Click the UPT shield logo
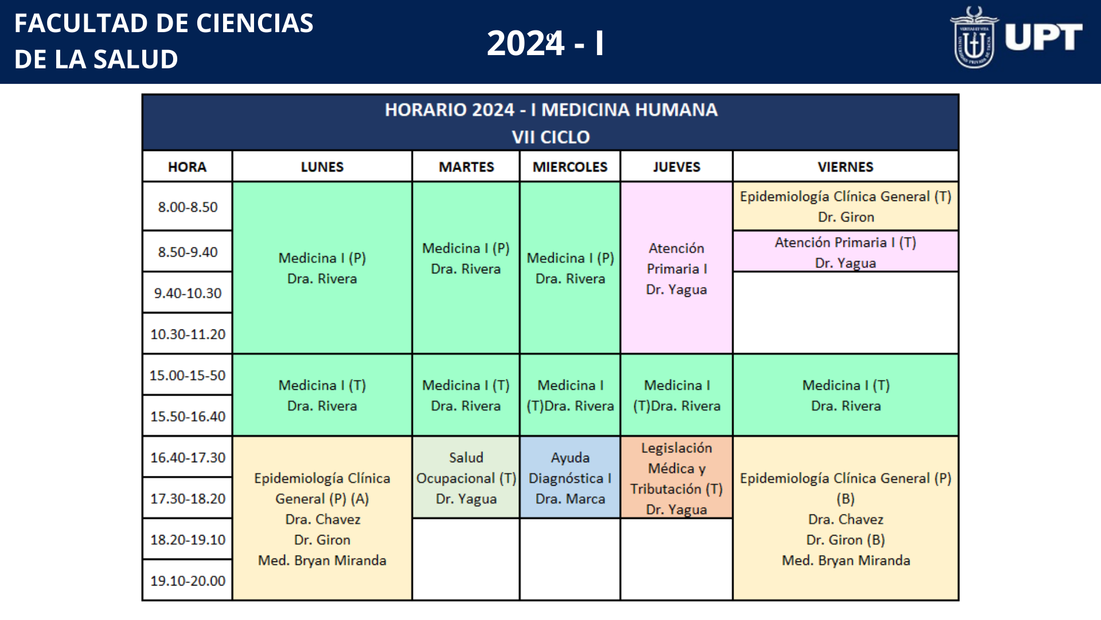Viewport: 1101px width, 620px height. pyautogui.click(x=974, y=37)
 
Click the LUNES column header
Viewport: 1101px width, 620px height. pyautogui.click(x=322, y=166)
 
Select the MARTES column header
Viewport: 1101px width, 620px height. pyautogui.click(x=466, y=166)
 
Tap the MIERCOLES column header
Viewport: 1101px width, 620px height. pyautogui.click(x=570, y=166)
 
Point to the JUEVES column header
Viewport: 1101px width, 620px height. pyautogui.click(x=677, y=166)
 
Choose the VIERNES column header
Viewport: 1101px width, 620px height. pyautogui.click(x=846, y=166)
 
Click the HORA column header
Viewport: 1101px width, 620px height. pyautogui.click(x=188, y=166)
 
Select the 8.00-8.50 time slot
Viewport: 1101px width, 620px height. pyautogui.click(x=188, y=207)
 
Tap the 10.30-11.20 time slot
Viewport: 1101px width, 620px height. pyautogui.click(x=188, y=334)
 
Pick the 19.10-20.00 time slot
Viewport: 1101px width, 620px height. pyautogui.click(x=188, y=580)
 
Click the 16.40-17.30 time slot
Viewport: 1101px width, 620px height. pyautogui.click(x=188, y=457)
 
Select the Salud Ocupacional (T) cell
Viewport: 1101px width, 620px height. pyautogui.click(x=466, y=478)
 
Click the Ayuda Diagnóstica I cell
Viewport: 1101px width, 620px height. pyautogui.click(x=570, y=478)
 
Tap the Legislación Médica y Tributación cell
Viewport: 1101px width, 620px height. pyautogui.click(x=677, y=478)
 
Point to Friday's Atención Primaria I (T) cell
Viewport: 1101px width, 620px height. pyautogui.click(x=846, y=251)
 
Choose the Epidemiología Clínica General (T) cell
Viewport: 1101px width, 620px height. pyautogui.click(x=846, y=207)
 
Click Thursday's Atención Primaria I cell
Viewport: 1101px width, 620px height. pyautogui.click(x=677, y=268)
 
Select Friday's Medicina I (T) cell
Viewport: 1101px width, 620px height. pyautogui.click(x=846, y=395)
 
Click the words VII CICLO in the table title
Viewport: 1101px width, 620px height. pyautogui.click(x=550, y=137)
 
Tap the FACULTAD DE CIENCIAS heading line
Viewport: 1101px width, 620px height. pyautogui.click(x=164, y=24)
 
